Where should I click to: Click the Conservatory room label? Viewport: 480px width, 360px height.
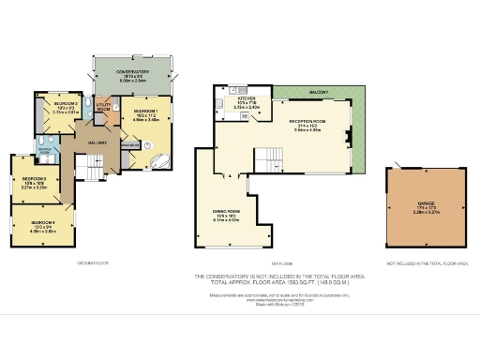[x=133, y=71]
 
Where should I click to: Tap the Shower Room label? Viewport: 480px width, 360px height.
[x=44, y=149]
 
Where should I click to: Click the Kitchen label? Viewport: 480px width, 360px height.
[x=247, y=97]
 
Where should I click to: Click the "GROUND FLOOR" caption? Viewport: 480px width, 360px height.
[x=92, y=264]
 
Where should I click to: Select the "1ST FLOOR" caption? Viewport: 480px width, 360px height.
[x=278, y=264]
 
